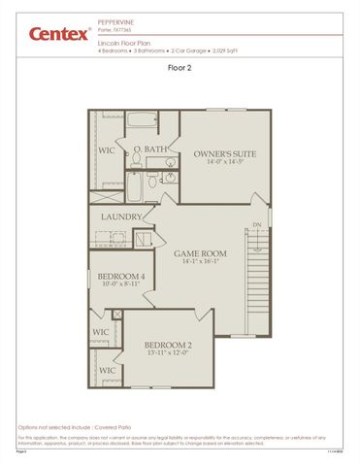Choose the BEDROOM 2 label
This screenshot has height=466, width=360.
point(168,345)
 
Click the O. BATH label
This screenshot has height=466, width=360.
point(150,149)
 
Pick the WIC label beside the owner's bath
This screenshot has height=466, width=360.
point(107,151)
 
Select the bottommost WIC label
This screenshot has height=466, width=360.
point(107,370)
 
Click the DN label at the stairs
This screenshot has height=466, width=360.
point(257,225)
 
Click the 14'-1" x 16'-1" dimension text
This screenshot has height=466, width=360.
point(201,262)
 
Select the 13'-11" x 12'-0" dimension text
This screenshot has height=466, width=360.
point(168,353)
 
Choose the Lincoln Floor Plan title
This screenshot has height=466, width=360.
point(123,43)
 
